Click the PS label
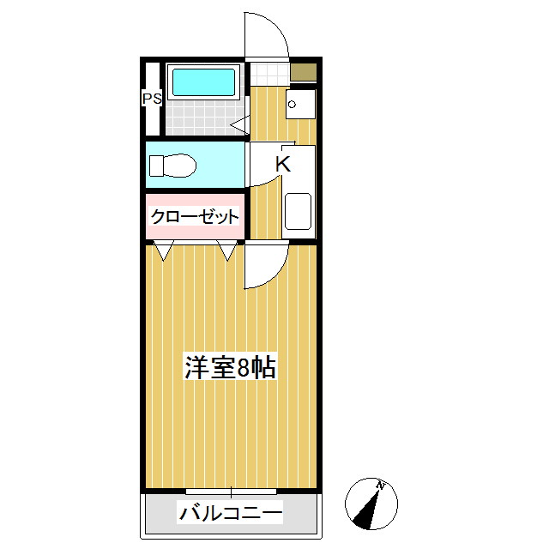(x=152, y=99)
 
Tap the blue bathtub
(x=203, y=82)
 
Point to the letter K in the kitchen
(x=283, y=165)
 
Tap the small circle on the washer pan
(x=293, y=105)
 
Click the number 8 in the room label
(x=244, y=368)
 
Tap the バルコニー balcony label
(x=230, y=514)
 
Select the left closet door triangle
(x=165, y=250)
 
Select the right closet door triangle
(x=227, y=250)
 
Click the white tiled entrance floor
(x=268, y=73)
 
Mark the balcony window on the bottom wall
(x=231, y=492)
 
